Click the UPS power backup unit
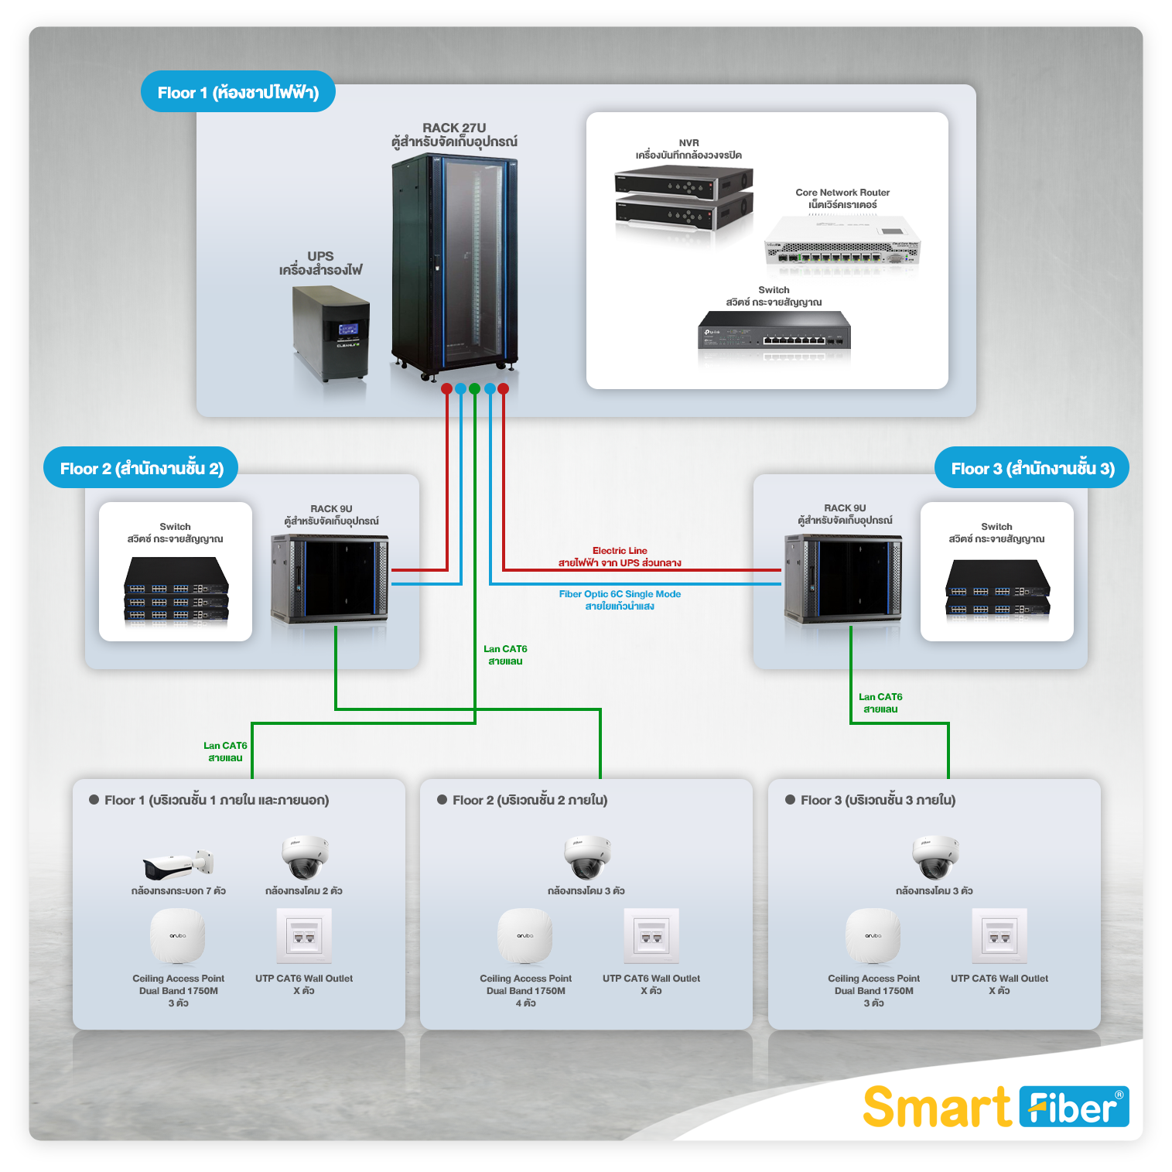(330, 333)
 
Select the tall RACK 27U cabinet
(454, 263)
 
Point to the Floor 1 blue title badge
(237, 92)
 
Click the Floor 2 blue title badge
(141, 468)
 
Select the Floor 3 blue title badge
(1032, 468)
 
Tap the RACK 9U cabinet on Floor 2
(330, 578)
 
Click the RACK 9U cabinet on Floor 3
(842, 578)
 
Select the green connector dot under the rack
(474, 388)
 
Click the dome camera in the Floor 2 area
(587, 856)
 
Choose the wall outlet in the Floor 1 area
(304, 936)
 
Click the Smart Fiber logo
(995, 1106)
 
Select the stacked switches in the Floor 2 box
(176, 590)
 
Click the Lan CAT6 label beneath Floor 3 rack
(880, 703)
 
